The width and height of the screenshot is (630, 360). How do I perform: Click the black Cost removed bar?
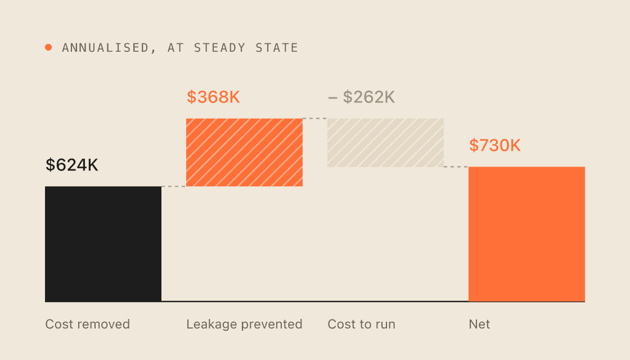[103, 244]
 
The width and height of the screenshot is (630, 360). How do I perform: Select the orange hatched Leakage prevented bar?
[244, 152]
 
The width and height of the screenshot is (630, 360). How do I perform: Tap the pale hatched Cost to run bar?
[386, 143]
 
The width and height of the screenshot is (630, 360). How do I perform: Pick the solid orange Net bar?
[526, 234]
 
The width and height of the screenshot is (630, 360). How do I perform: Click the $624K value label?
[72, 165]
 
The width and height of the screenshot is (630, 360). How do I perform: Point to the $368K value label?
[213, 97]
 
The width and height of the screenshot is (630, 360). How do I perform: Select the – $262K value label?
[362, 97]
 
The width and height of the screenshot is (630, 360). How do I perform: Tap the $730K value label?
[495, 145]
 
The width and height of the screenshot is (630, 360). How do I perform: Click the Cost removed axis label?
[88, 324]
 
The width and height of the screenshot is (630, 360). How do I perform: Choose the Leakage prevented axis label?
[244, 324]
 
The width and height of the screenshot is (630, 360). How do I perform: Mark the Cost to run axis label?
[362, 324]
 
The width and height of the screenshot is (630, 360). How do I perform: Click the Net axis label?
[479, 324]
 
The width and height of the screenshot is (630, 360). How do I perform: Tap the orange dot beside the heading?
[48, 47]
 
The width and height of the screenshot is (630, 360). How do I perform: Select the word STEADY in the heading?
[220, 48]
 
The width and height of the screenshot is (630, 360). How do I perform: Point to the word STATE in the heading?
[277, 48]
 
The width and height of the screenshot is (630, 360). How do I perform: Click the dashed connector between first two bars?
[174, 186]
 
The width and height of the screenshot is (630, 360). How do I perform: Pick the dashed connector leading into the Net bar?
[456, 166]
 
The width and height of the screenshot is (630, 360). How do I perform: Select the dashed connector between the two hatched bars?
[315, 119]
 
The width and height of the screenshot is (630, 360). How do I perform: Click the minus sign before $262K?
[332, 98]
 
